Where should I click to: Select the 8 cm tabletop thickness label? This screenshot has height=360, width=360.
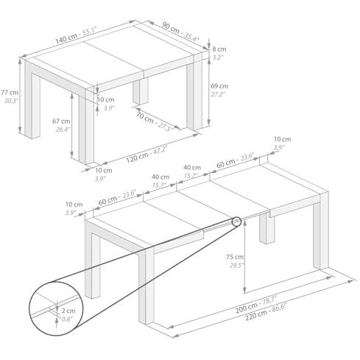click(x=219, y=49)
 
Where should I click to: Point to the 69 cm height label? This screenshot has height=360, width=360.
click(x=219, y=86)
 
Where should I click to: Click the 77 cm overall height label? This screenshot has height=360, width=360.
click(x=10, y=93)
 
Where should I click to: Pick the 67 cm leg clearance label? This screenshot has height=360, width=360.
click(x=61, y=121)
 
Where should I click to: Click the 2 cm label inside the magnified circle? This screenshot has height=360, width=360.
click(x=68, y=311)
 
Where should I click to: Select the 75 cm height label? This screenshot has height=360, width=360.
click(x=235, y=257)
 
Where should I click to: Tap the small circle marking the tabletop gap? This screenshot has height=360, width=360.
click(x=236, y=222)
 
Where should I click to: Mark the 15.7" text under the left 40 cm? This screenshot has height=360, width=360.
click(x=159, y=185)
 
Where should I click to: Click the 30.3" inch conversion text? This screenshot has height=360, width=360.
click(x=11, y=101)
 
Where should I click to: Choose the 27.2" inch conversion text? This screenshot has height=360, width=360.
click(x=218, y=94)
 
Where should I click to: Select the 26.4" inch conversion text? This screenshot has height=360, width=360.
click(x=63, y=130)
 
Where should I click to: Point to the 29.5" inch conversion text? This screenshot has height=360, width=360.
click(x=237, y=265)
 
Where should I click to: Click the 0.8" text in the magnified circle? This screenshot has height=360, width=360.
click(x=66, y=320)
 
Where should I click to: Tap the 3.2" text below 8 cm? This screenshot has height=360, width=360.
click(x=218, y=57)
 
